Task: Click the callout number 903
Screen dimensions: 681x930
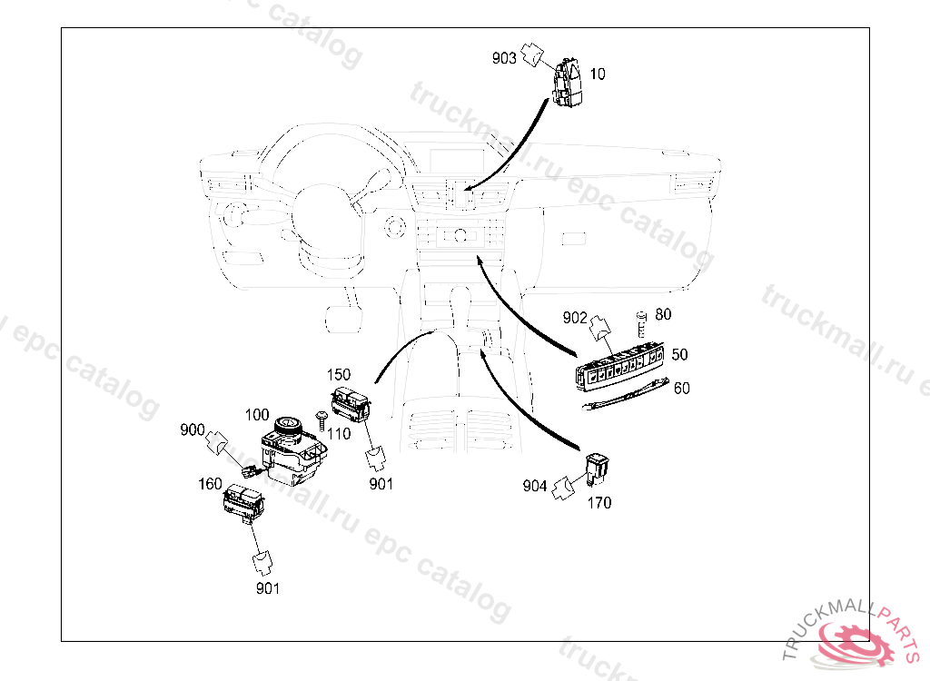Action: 504,58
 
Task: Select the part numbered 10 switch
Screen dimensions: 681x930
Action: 569,84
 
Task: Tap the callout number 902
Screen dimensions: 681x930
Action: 575,318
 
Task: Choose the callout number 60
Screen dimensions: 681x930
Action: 681,388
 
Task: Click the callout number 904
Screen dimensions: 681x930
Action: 535,487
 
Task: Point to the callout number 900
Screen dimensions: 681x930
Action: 192,429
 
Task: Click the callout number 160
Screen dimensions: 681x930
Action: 210,484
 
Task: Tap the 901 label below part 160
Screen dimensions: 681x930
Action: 267,588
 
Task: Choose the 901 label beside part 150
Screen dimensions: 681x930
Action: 381,484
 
